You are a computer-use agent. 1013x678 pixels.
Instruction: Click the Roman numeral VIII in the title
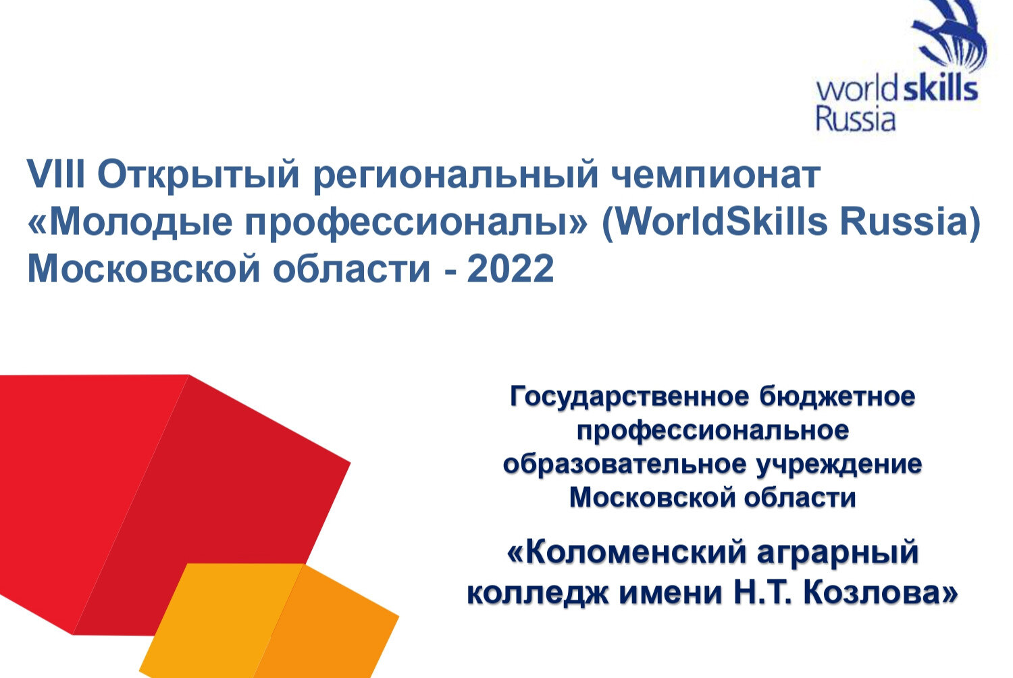[56, 176]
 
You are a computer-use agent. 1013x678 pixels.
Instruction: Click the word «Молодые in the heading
[126, 224]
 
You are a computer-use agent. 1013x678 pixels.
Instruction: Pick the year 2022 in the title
[511, 269]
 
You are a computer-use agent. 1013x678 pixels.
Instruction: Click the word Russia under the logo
[855, 120]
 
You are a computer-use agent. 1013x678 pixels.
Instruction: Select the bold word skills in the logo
[940, 89]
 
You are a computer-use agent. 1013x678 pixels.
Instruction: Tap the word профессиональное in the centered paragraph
[712, 431]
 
